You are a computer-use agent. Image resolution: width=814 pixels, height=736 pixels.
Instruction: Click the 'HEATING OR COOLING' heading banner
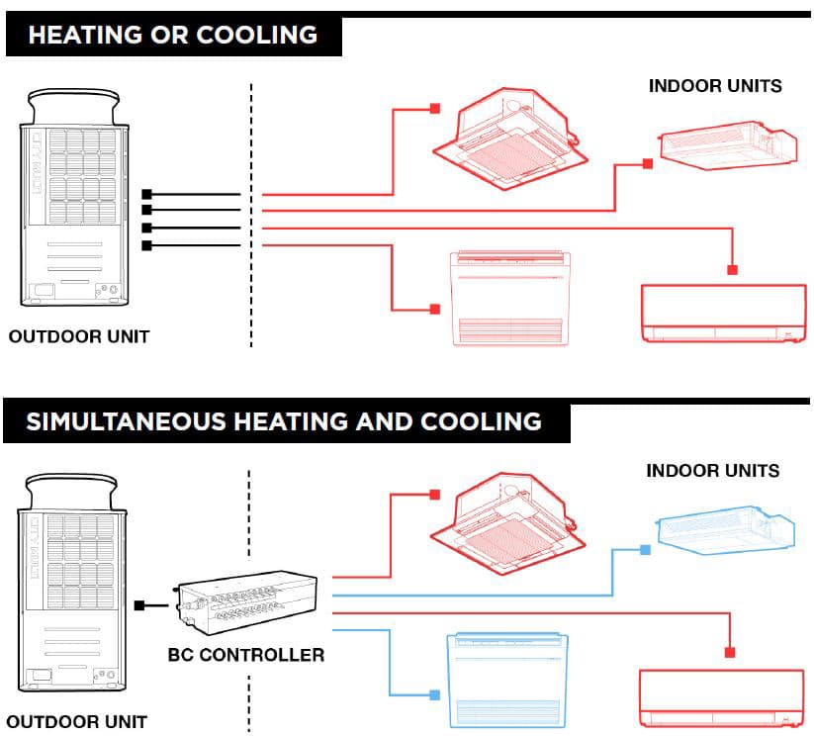(173, 36)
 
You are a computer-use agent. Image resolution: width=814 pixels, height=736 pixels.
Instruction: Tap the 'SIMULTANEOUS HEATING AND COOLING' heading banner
(284, 421)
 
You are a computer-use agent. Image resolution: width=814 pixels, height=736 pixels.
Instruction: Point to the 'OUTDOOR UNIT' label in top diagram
(79, 336)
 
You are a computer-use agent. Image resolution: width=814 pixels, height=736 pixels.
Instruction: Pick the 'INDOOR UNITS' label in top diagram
(715, 86)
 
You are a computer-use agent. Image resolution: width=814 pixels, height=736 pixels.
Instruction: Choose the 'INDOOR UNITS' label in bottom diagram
(713, 471)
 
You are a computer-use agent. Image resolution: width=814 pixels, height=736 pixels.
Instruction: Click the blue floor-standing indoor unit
(510, 680)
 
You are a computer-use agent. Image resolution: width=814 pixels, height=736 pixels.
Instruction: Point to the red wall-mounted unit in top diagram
(718, 313)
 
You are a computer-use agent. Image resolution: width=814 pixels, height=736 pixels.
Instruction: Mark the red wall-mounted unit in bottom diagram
(717, 698)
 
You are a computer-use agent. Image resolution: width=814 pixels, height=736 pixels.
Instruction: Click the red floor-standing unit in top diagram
(510, 297)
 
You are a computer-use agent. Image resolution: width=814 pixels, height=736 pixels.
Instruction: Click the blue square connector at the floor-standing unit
(435, 695)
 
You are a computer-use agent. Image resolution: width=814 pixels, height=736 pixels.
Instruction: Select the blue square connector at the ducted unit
(645, 549)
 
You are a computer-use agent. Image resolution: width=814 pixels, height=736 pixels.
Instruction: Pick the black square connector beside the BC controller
(139, 604)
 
